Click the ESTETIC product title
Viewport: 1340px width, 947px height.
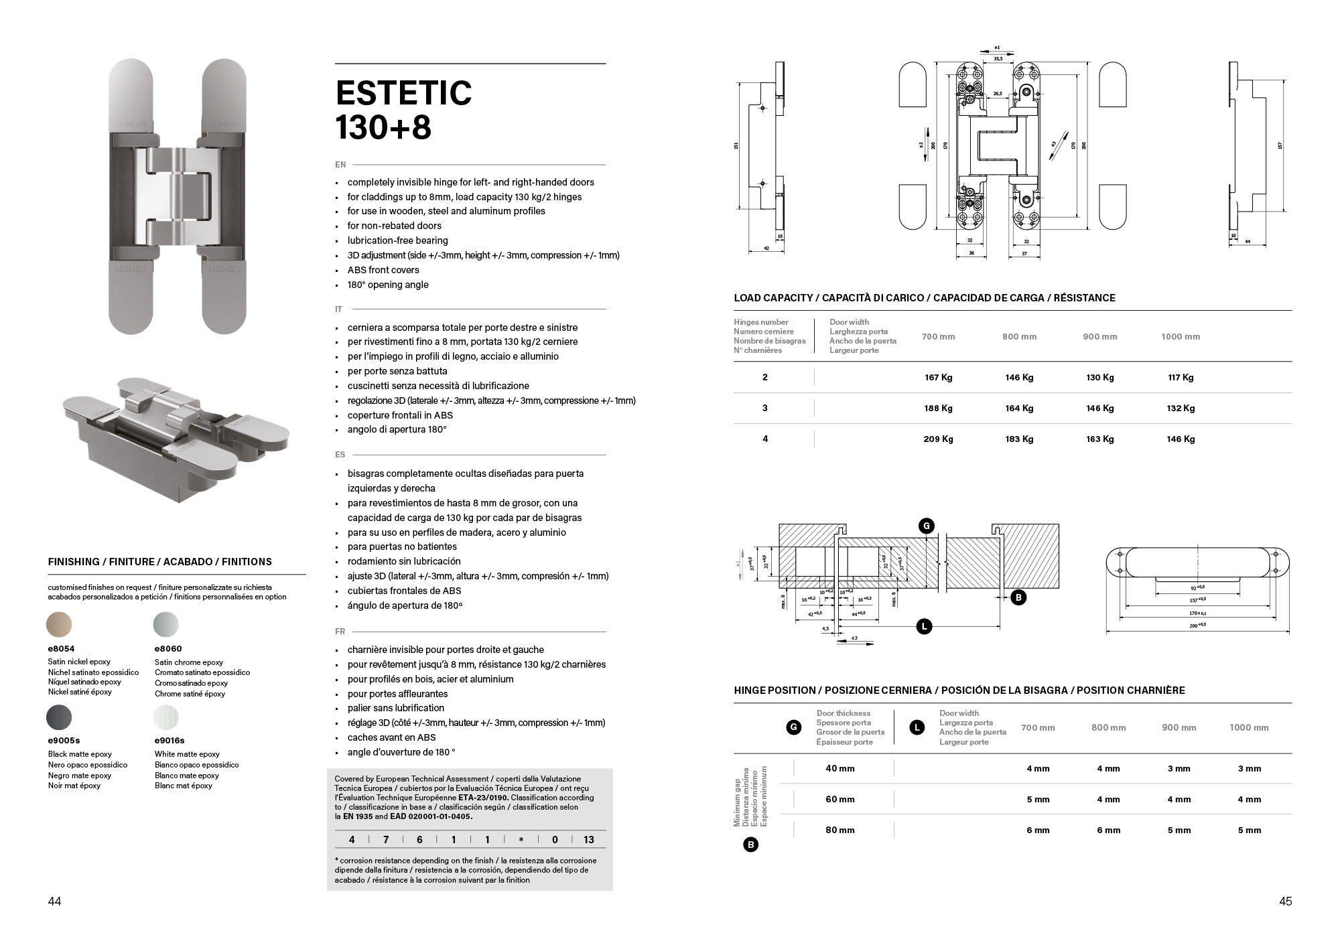[x=403, y=93]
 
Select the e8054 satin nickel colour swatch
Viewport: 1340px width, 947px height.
[x=59, y=624]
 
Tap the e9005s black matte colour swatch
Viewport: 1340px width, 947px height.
[x=59, y=717]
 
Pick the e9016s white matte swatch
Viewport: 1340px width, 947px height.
[x=166, y=717]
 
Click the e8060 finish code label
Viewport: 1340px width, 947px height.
[x=168, y=648]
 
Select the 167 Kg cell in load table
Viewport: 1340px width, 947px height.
[x=938, y=377]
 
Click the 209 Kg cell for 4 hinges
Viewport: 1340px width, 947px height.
[x=938, y=439]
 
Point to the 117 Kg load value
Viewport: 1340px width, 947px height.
[x=1181, y=377]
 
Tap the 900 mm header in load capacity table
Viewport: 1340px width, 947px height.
[x=1099, y=336]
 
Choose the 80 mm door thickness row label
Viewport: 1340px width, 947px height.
[x=840, y=830]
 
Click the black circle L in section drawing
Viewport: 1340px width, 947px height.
[x=924, y=627]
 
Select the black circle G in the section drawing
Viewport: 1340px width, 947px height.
[x=927, y=526]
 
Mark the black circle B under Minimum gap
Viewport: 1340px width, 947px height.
[x=750, y=845]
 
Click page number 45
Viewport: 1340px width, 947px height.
[x=1284, y=901]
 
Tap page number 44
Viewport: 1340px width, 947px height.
[x=55, y=901]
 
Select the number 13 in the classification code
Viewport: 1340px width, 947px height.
[x=588, y=839]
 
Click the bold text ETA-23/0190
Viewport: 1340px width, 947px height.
[x=483, y=798]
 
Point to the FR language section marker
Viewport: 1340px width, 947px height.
[x=340, y=632]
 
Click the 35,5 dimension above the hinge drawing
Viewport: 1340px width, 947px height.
[x=998, y=59]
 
